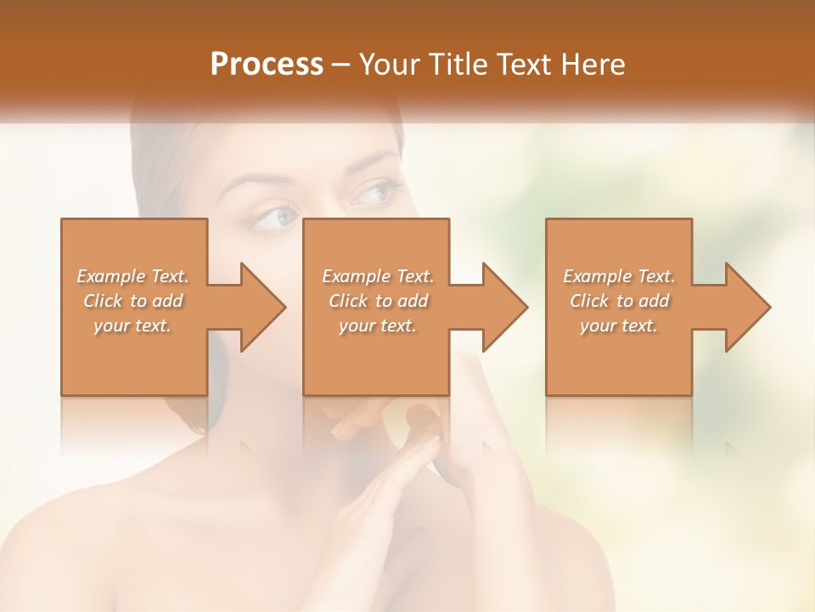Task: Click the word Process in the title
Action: click(267, 65)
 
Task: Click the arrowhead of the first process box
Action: click(261, 307)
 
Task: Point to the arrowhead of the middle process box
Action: click(504, 307)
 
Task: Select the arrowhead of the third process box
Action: click(747, 307)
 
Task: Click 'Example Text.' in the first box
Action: click(133, 276)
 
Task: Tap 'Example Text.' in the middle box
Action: click(378, 276)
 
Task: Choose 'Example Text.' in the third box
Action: click(619, 276)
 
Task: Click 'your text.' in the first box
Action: click(132, 326)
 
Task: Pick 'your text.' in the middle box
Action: click(377, 326)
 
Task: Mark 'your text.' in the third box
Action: click(619, 326)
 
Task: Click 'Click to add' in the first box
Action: click(133, 301)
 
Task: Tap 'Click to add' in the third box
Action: click(619, 301)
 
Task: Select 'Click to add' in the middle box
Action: click(378, 301)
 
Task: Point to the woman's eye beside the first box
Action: click(273, 218)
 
